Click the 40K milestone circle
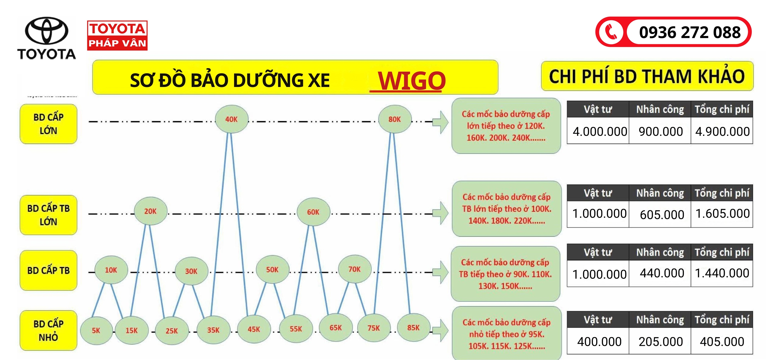[x=231, y=119]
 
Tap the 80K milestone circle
[x=394, y=119]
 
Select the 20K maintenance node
[x=150, y=211]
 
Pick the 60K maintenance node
[x=313, y=212]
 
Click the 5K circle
[x=96, y=330]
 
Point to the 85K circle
[x=413, y=328]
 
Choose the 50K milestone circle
[x=272, y=269]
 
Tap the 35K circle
[x=213, y=330]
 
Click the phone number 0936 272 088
[x=690, y=32]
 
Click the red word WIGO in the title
[x=411, y=80]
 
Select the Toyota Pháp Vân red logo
[x=117, y=35]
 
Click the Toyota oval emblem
[x=46, y=31]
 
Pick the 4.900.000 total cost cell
[x=722, y=131]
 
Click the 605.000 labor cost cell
[x=662, y=215]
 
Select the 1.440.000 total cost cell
[x=722, y=273]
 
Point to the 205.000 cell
[x=661, y=341]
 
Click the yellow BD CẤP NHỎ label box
[x=49, y=330]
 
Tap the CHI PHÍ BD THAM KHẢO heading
[x=647, y=76]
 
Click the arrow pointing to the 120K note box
[x=440, y=122]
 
